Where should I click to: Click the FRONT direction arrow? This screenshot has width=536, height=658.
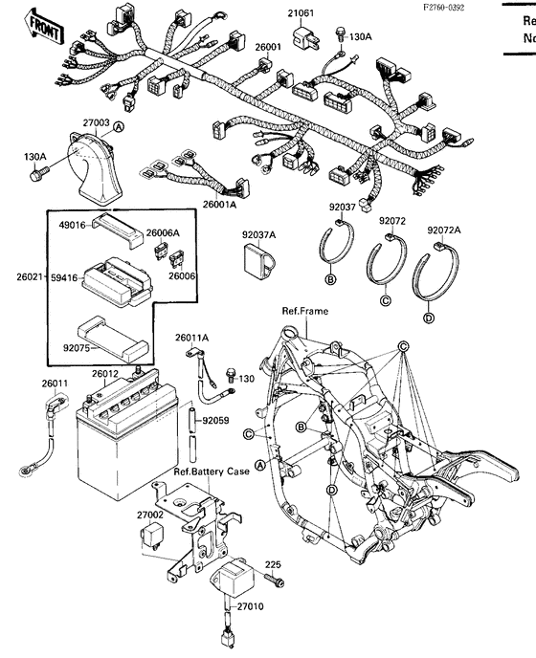(x=41, y=27)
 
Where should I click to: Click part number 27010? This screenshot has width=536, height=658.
(x=251, y=606)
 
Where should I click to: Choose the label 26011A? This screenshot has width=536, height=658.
(x=191, y=338)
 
